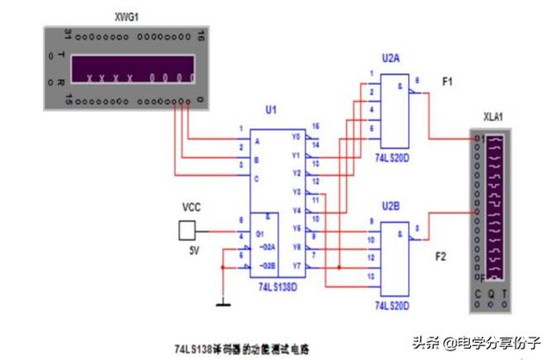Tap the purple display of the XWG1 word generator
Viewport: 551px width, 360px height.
click(x=125, y=68)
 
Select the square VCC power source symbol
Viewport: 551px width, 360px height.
click(x=187, y=229)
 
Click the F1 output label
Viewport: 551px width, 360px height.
click(x=448, y=81)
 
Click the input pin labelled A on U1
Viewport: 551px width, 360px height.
click(x=256, y=141)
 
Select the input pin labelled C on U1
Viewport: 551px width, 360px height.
click(x=256, y=178)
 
